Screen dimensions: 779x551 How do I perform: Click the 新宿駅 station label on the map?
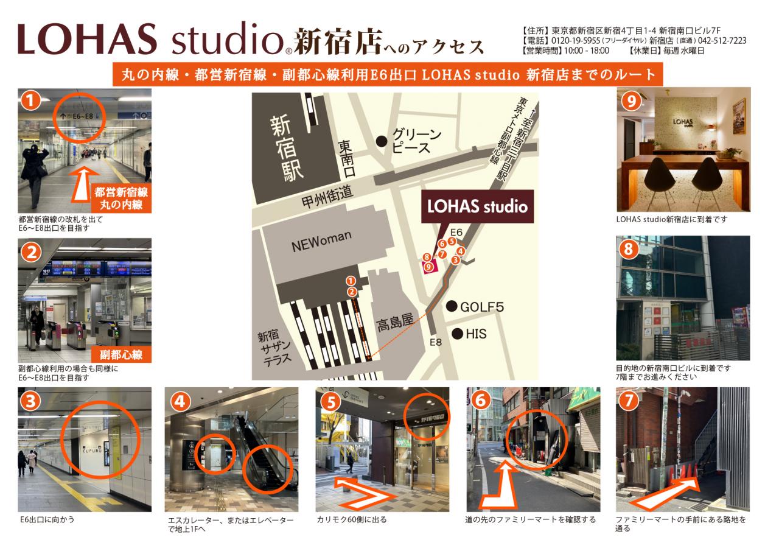click(x=287, y=148)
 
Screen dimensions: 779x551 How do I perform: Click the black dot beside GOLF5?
click(x=452, y=306)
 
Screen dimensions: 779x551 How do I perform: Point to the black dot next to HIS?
click(x=457, y=334)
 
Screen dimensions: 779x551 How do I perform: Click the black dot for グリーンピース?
click(x=382, y=141)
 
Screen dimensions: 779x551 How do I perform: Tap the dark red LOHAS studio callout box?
click(x=477, y=206)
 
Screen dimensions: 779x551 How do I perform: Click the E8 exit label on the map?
click(x=435, y=342)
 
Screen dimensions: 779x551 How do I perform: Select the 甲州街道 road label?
click(x=327, y=197)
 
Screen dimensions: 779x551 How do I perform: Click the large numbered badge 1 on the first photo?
click(x=30, y=100)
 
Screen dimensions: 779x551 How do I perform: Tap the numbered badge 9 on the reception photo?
click(x=631, y=101)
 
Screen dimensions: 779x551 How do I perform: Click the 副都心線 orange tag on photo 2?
click(x=121, y=354)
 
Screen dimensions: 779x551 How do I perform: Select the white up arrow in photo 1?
click(x=83, y=185)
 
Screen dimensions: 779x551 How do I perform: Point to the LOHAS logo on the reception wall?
click(x=683, y=122)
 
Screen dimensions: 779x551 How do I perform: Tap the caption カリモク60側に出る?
click(x=352, y=520)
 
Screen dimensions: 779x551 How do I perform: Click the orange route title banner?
click(x=388, y=74)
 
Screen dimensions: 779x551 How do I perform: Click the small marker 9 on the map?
click(x=429, y=267)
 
